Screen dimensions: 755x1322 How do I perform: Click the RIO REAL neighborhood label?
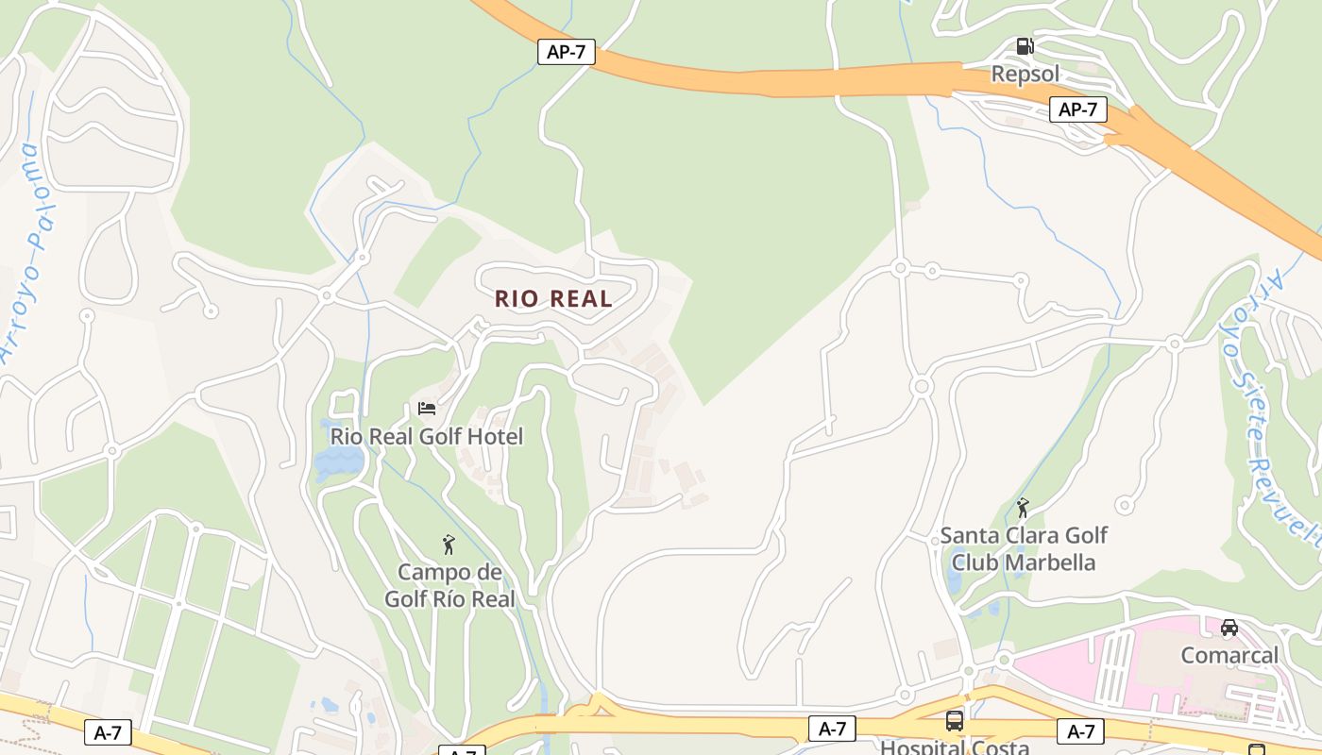tap(553, 299)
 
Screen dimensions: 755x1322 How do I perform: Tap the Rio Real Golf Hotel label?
tap(426, 437)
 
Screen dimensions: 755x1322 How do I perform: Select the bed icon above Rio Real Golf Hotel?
tap(427, 409)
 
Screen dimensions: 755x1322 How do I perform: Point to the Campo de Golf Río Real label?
tap(449, 586)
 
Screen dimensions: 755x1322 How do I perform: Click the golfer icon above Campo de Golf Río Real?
tap(449, 545)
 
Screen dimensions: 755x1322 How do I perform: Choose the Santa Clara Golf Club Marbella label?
tap(1024, 549)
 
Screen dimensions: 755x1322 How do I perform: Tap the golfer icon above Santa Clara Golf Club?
tap(1023, 508)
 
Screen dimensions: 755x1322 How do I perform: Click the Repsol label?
tap(1025, 74)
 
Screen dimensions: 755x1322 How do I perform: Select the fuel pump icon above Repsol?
tap(1025, 45)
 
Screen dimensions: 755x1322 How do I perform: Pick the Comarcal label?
tap(1229, 655)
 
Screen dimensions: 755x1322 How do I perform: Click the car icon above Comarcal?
tap(1229, 628)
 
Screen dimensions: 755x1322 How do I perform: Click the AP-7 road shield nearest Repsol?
tap(1077, 109)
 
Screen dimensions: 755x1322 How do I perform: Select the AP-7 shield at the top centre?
tap(567, 52)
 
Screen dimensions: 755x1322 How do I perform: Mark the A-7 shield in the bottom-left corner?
tap(108, 732)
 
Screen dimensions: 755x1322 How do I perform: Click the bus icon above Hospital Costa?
tap(955, 722)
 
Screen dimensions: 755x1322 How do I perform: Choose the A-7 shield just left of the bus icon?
tap(832, 729)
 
